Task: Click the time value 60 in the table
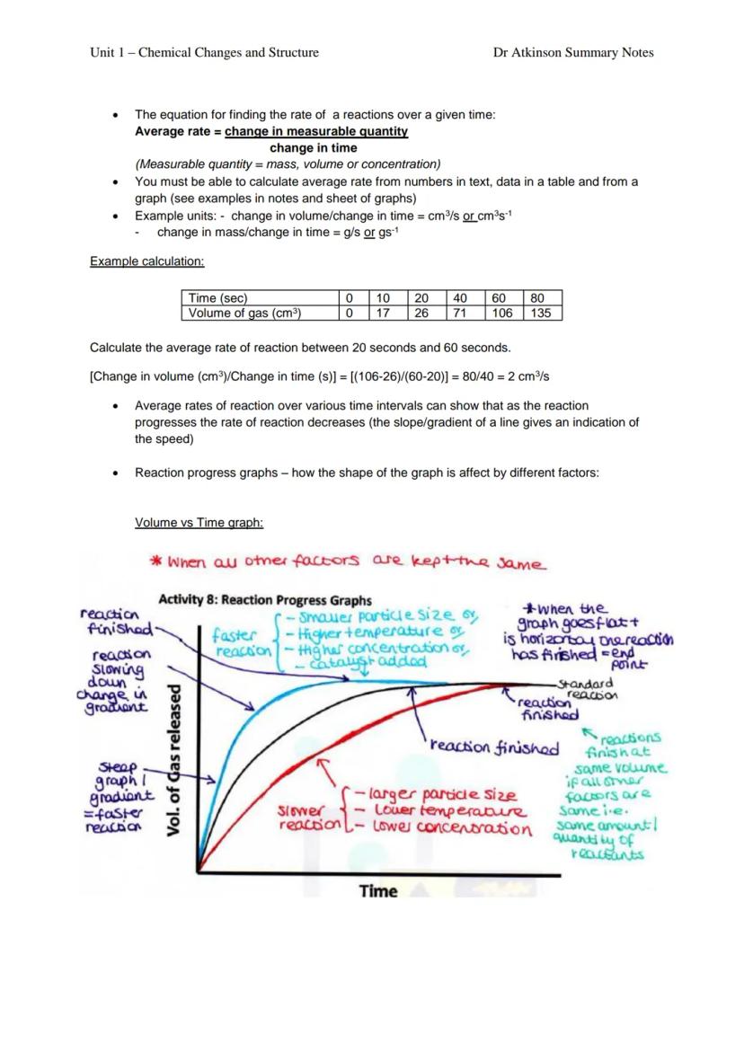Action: click(500, 298)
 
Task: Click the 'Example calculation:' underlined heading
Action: click(147, 261)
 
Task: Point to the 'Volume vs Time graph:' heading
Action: click(199, 522)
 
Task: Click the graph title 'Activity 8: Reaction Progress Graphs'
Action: click(265, 600)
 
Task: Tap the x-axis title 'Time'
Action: click(378, 891)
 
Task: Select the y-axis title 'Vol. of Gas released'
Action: click(176, 761)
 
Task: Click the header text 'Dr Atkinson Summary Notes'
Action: click(573, 52)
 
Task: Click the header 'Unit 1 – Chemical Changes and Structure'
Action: click(204, 52)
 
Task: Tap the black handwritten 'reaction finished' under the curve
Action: click(493, 747)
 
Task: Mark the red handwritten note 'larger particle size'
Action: click(443, 795)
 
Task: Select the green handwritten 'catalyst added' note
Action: click(357, 663)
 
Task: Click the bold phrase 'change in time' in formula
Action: click(313, 148)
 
